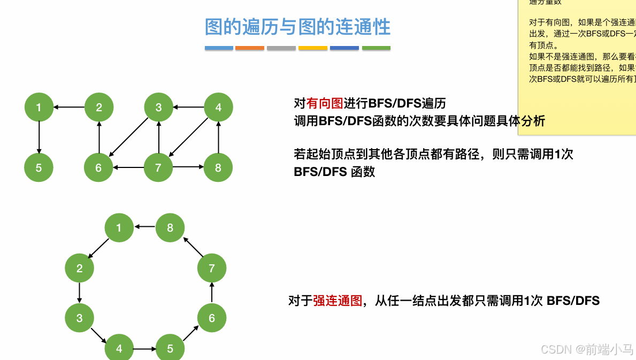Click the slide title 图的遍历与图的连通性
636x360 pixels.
pos(297,27)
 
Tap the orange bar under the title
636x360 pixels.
pos(250,48)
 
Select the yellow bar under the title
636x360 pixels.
pos(313,48)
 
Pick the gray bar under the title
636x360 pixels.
pos(281,48)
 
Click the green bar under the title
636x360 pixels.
pos(376,48)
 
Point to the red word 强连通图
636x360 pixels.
pos(338,301)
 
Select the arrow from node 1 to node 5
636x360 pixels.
pos(39,137)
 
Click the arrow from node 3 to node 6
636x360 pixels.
pos(128,137)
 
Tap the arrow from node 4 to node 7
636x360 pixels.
pos(188,137)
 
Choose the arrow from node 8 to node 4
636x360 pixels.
pos(218,137)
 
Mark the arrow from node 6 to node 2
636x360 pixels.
pos(99,137)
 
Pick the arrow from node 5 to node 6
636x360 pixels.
pos(190,334)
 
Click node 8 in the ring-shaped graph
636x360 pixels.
pos(170,228)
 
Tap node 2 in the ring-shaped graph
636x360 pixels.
pos(79,269)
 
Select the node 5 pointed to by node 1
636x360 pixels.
pos(39,168)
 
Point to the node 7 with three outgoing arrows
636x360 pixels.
pos(158,168)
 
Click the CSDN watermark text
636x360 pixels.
pos(587,349)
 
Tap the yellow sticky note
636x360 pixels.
pos(577,48)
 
